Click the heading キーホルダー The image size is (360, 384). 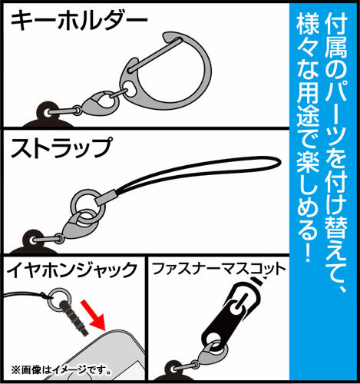coord(79,22)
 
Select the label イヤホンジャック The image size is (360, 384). coord(72,270)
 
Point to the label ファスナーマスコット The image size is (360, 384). coord(219,269)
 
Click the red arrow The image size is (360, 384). coord(93,315)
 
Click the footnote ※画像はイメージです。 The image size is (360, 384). coord(61,370)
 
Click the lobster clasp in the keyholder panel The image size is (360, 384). coord(99,105)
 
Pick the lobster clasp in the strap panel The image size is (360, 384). coord(77,224)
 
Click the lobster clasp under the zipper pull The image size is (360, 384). coord(210,355)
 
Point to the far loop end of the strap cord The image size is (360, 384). coord(279,163)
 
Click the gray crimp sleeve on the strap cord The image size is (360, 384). coord(106,197)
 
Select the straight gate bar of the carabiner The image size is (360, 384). coord(155,54)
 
